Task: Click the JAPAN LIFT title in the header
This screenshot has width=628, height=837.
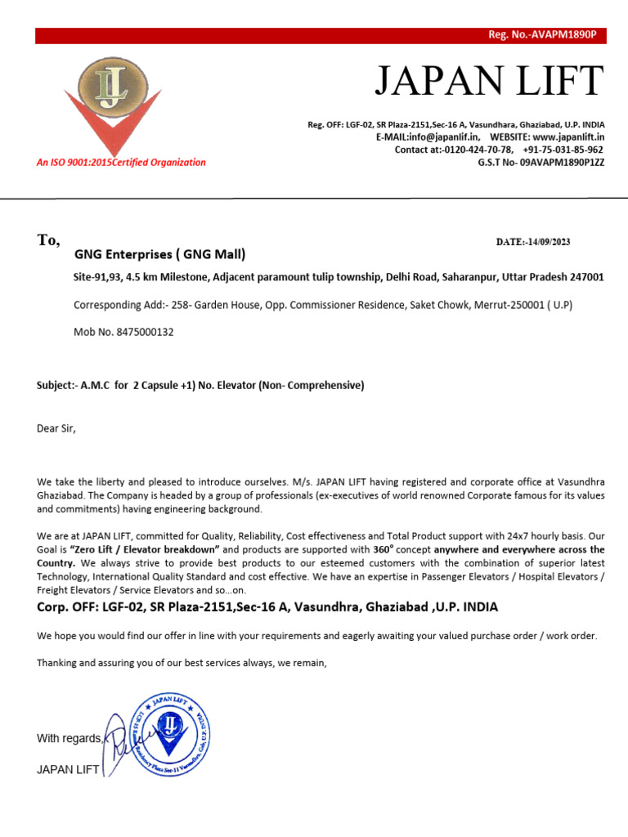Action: click(489, 81)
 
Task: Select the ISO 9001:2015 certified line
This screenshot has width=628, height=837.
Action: click(121, 163)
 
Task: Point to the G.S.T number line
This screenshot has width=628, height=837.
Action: click(541, 163)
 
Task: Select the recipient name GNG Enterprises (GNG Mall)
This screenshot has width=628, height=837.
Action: click(159, 254)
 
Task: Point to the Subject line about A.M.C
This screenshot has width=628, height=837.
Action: click(200, 385)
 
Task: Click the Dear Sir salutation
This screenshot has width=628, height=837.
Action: click(56, 427)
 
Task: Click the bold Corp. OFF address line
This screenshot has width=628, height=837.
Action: click(267, 607)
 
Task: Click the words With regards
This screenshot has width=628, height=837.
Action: click(70, 739)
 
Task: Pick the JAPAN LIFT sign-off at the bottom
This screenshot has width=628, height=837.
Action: click(68, 770)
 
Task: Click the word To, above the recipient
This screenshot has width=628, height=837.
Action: click(48, 240)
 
